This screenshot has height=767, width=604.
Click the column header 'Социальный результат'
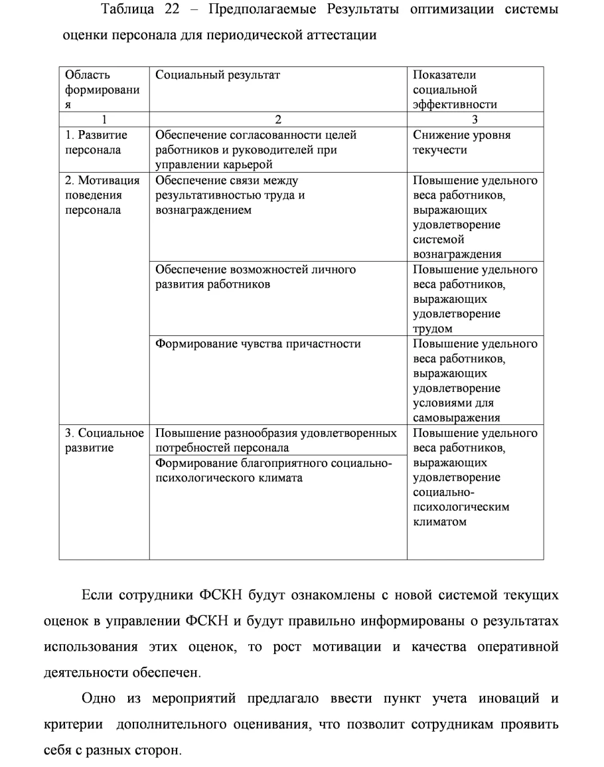click(x=218, y=75)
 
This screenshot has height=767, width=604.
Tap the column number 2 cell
click(x=278, y=120)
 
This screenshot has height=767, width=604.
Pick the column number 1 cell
click(x=104, y=120)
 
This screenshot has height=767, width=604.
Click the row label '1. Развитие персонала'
click(x=96, y=142)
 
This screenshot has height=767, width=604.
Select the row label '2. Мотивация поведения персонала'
click(x=102, y=195)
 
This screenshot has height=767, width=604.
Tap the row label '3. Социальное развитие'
click(x=104, y=440)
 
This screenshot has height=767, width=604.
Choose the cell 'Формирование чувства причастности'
click(x=258, y=344)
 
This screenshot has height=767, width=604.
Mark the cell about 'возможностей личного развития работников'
click(x=256, y=277)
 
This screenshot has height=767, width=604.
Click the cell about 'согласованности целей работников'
click(x=256, y=149)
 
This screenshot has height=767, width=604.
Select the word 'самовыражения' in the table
click(x=456, y=417)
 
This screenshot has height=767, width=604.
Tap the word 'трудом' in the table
click(x=433, y=329)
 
